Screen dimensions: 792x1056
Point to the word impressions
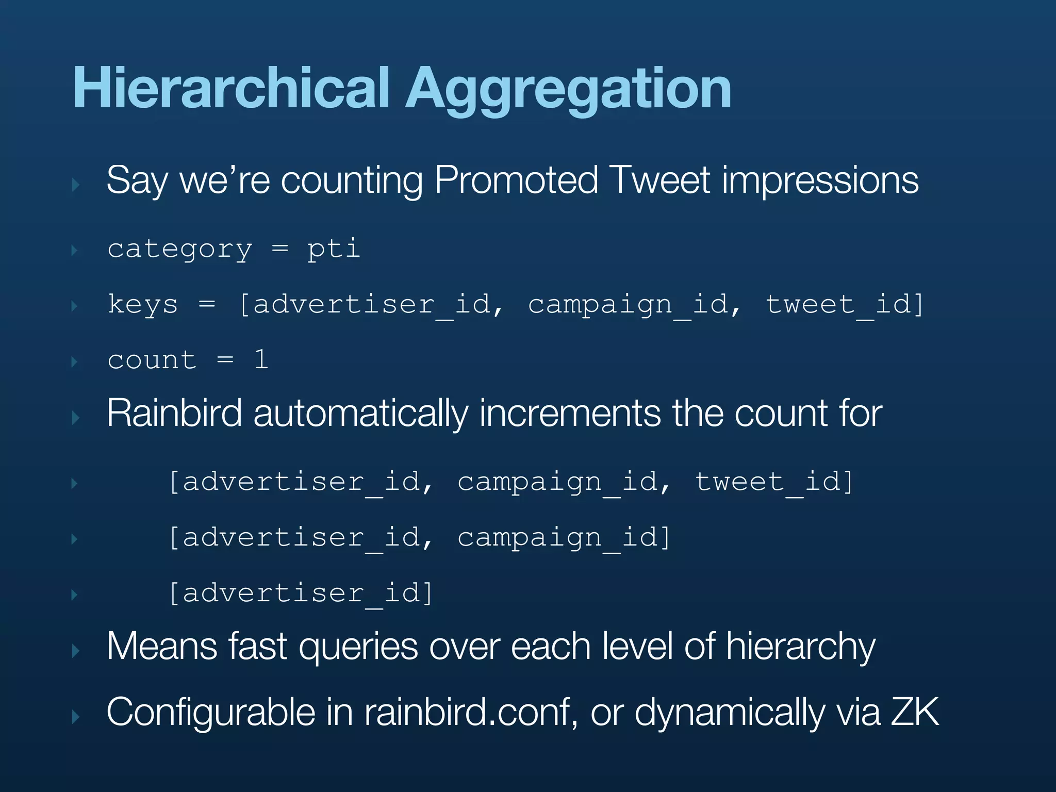click(x=820, y=181)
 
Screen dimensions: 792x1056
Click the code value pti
click(x=334, y=250)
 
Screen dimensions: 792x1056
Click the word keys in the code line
click(x=143, y=304)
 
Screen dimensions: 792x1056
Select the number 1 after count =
click(x=261, y=359)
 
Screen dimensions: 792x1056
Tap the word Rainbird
click(x=174, y=414)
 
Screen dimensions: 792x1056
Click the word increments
click(x=570, y=414)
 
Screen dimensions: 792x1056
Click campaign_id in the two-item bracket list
click(x=563, y=537)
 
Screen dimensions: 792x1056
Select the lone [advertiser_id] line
click(x=301, y=593)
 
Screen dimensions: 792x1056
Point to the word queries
click(x=358, y=647)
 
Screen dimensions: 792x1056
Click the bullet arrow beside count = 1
click(x=75, y=361)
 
